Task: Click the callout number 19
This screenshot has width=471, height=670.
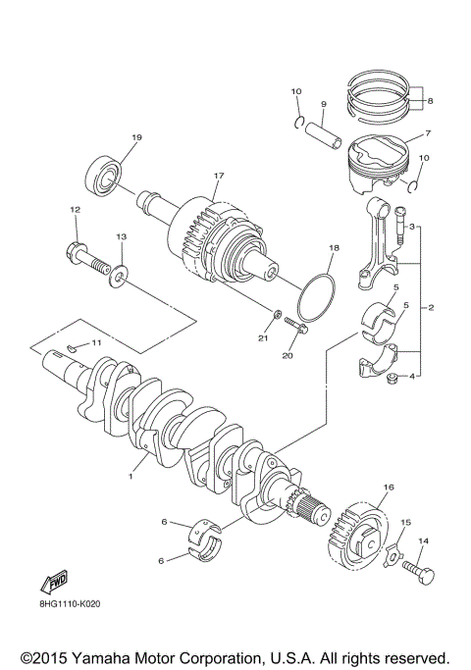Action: [x=136, y=137]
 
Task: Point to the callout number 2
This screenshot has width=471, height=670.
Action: [x=431, y=308]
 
